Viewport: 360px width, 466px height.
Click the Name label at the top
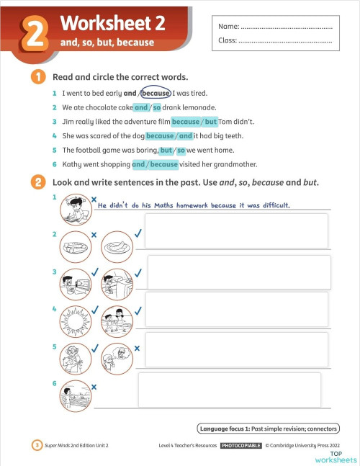[228, 27]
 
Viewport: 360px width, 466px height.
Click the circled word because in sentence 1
[156, 93]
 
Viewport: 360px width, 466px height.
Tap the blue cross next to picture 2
[94, 235]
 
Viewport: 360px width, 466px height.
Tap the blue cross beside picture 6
[94, 387]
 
